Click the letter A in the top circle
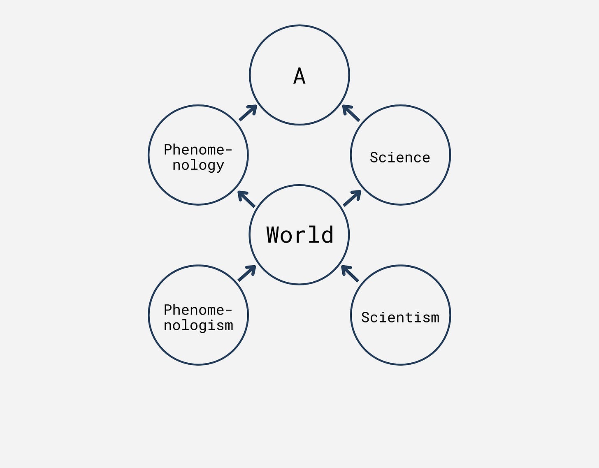pos(299,76)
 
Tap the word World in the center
pos(300,235)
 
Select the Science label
pos(400,158)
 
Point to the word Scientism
pos(400,317)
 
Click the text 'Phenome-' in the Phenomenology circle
pos(198,150)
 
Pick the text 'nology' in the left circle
pos(198,165)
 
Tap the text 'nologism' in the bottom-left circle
pos(198,325)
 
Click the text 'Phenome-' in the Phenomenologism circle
pos(198,310)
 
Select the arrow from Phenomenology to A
pos(248,113)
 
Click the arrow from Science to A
pos(351,113)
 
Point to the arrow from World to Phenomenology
pos(246,199)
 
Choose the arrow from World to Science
pos(352,198)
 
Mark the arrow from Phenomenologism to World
pos(247,273)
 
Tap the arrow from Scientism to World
pos(350,273)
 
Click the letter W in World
pos(274,235)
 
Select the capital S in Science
pos(374,158)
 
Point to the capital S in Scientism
pos(365,317)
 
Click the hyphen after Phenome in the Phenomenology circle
pos(229,150)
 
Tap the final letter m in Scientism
pos(435,317)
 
